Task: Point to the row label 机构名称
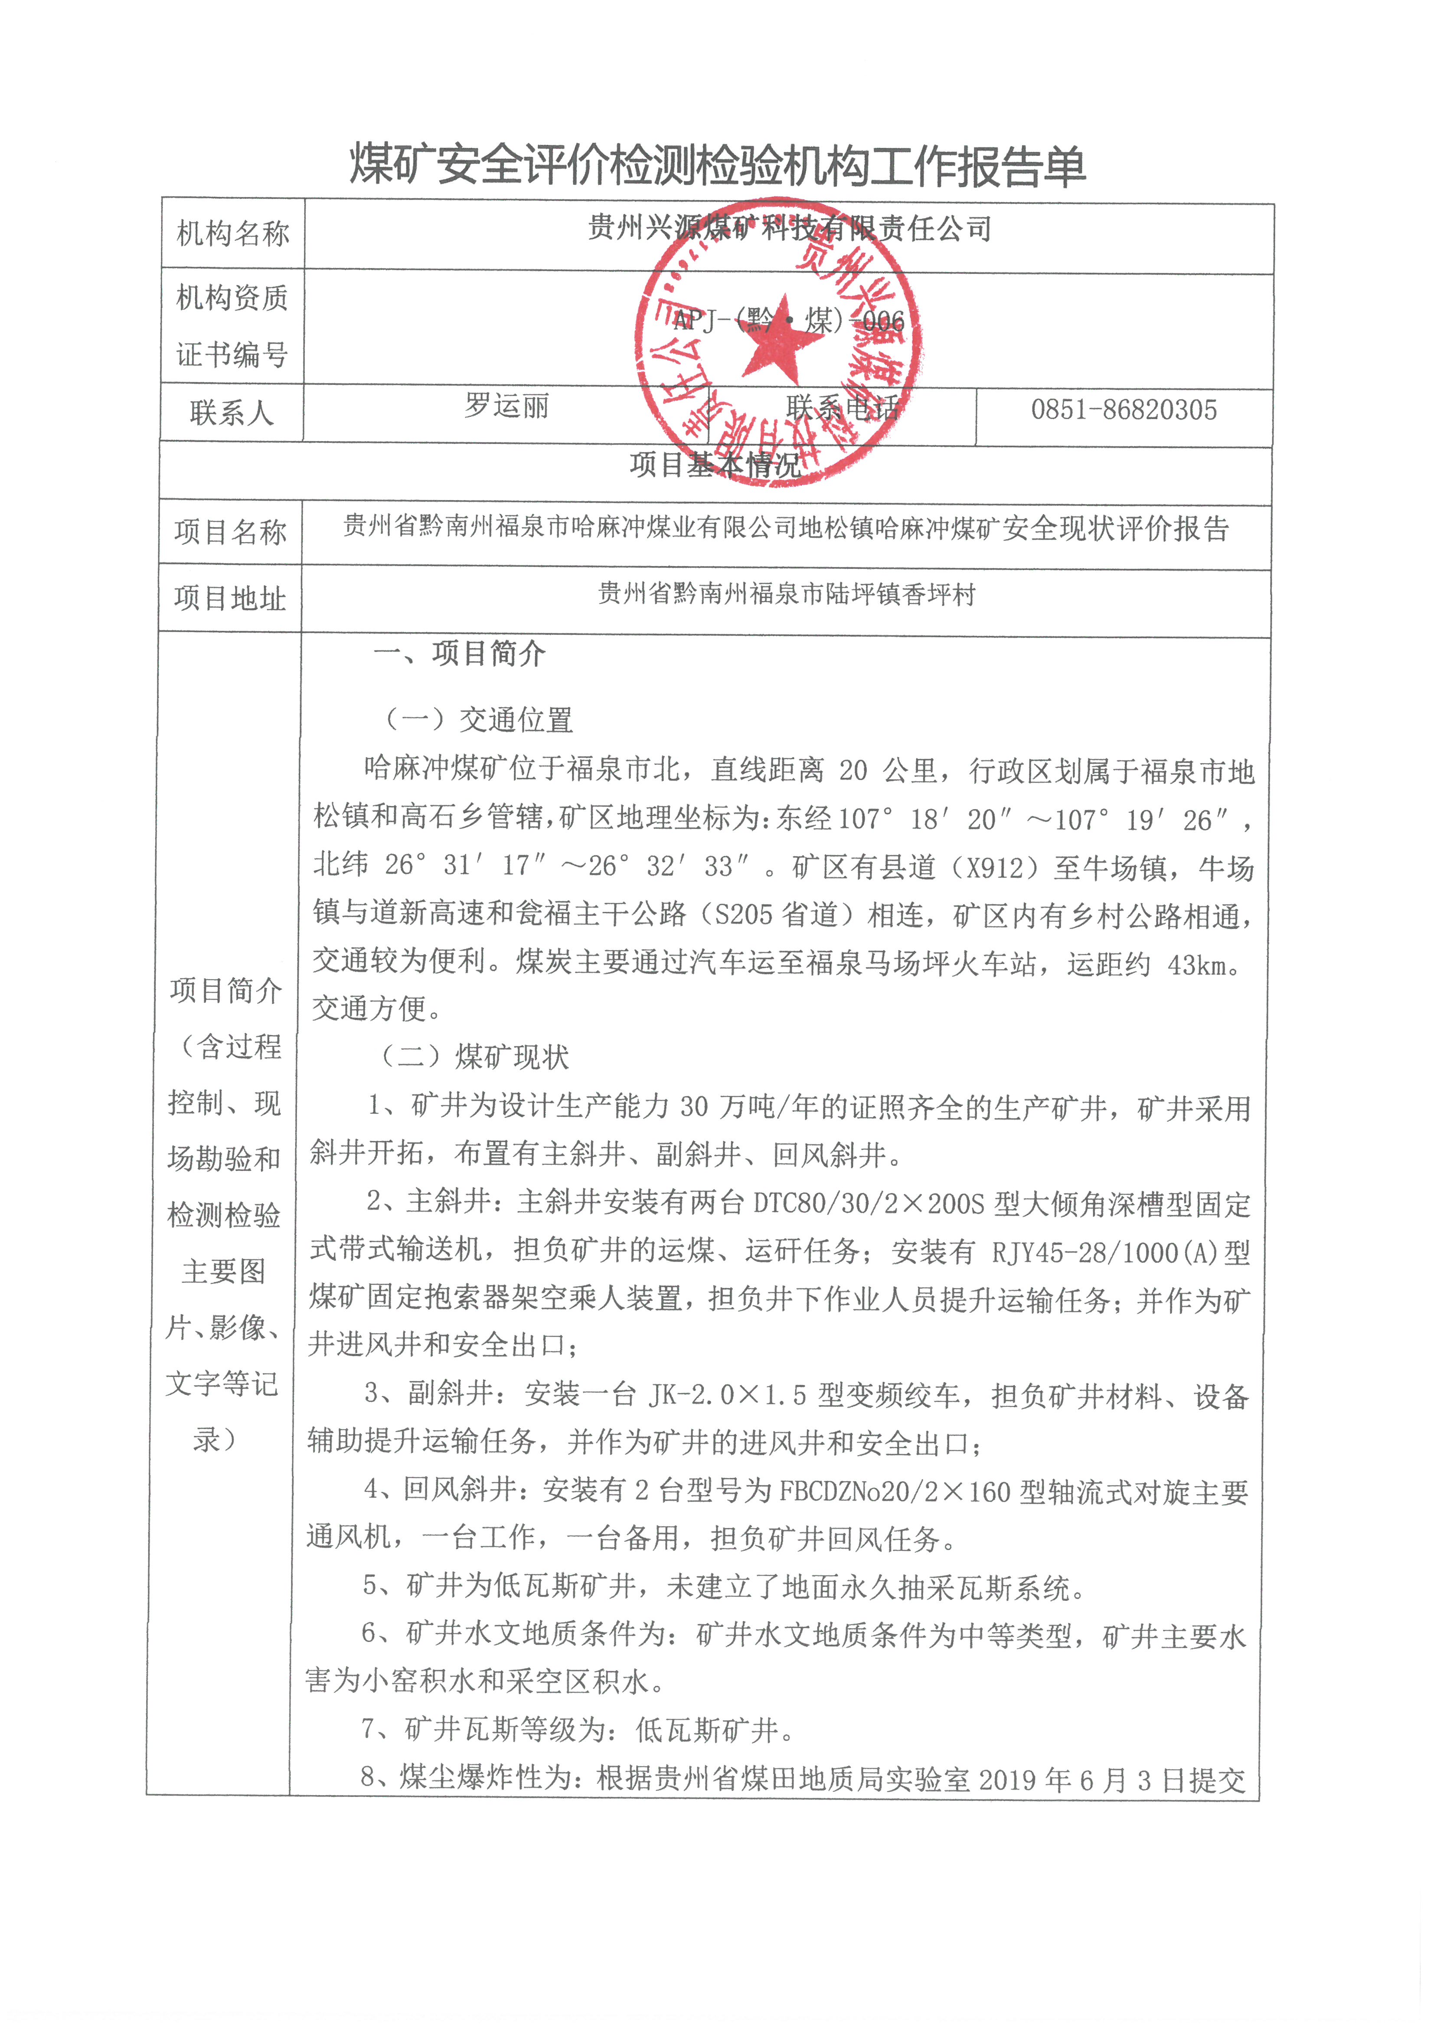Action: point(232,234)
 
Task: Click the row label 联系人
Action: point(232,413)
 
